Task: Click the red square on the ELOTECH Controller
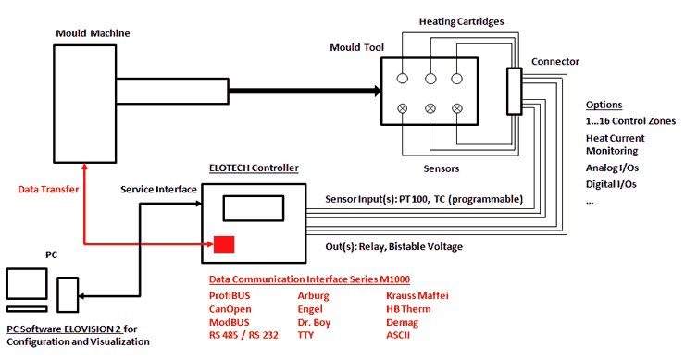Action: [x=224, y=244]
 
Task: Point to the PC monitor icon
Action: [x=25, y=286]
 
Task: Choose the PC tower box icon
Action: [x=68, y=295]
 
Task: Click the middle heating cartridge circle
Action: [x=430, y=80]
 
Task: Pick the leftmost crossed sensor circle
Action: [x=403, y=109]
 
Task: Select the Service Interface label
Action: [x=158, y=189]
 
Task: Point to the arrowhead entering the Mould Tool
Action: [x=374, y=91]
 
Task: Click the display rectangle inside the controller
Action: [x=254, y=207]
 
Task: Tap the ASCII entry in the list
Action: [x=400, y=335]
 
